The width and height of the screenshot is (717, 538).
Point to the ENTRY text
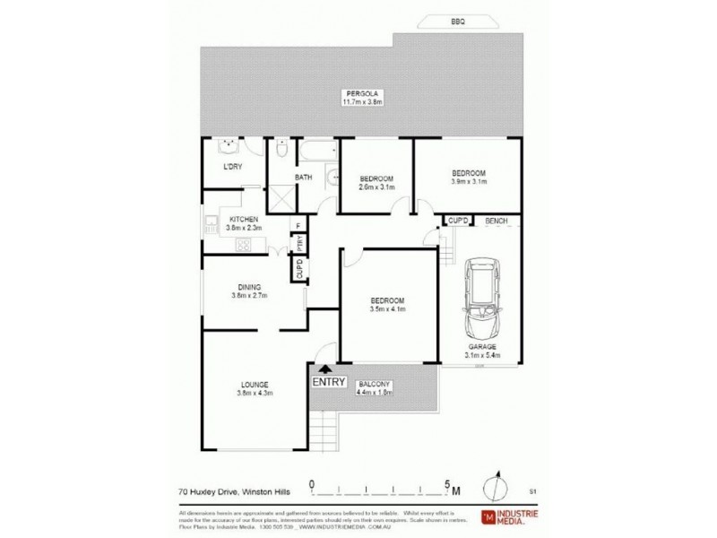tap(329, 382)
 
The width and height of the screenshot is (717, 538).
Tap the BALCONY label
tap(374, 383)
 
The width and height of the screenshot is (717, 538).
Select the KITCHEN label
tap(244, 220)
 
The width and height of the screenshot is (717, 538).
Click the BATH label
tap(303, 178)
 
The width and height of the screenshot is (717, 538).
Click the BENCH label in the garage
tap(496, 220)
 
